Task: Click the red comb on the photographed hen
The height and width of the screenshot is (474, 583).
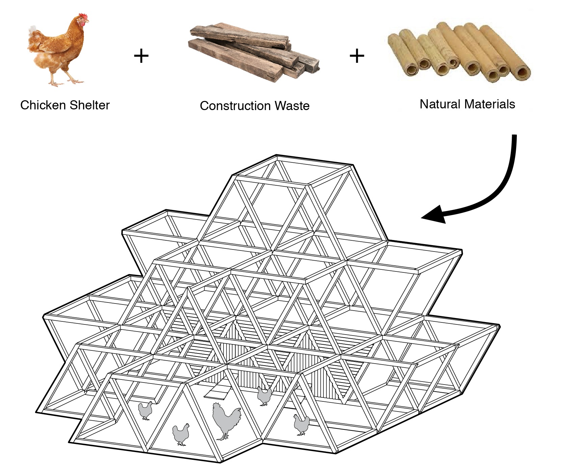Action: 83,16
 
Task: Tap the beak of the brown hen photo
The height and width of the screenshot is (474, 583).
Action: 88,22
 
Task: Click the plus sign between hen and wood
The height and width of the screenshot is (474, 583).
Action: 141,56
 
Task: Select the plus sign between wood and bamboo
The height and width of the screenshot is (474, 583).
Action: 357,56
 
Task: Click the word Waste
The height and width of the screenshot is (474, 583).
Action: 292,106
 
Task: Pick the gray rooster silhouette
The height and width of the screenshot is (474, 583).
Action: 226,420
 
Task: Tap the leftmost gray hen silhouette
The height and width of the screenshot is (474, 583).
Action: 145,410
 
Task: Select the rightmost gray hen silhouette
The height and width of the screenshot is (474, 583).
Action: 301,425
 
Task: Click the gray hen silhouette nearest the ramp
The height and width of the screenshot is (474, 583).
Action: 264,396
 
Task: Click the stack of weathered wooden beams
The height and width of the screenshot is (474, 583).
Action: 253,51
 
